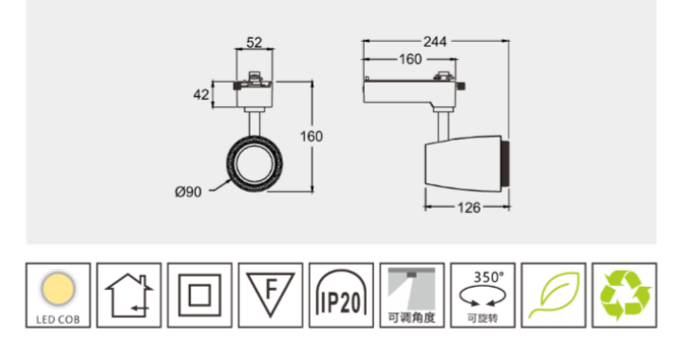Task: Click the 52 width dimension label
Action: (255, 43)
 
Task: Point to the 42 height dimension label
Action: (201, 95)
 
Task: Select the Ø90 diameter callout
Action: (188, 192)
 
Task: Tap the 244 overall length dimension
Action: (435, 42)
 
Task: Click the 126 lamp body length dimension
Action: (469, 208)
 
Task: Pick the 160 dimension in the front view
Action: (312, 136)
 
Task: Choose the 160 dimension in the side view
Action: (410, 59)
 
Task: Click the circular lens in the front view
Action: (255, 163)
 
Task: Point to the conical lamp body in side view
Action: (463, 163)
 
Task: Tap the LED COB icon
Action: (58, 295)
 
